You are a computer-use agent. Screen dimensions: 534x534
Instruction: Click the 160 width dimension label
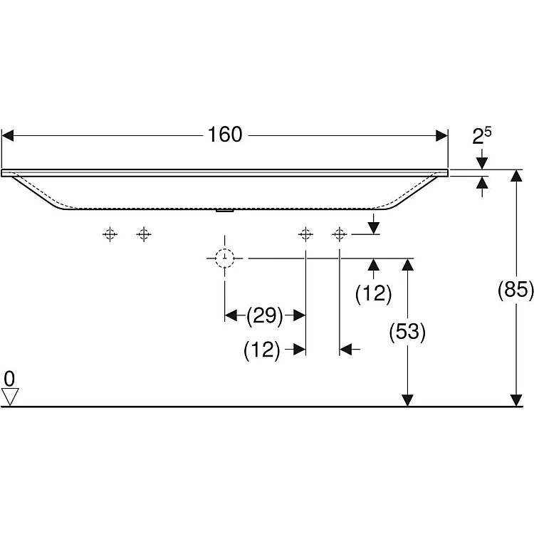(x=226, y=135)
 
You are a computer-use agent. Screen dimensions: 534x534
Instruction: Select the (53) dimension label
(x=407, y=332)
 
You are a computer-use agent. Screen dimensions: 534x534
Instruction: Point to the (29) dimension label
(x=265, y=315)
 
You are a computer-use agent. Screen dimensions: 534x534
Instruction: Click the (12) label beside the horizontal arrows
(x=261, y=350)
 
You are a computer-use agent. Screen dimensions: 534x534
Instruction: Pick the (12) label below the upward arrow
(x=373, y=293)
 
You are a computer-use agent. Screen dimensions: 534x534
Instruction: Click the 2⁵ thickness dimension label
(x=483, y=136)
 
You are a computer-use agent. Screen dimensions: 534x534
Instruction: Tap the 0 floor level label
(x=9, y=377)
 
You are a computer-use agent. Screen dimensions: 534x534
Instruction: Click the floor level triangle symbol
(x=9, y=396)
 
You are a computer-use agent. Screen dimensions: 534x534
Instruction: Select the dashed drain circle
(x=225, y=258)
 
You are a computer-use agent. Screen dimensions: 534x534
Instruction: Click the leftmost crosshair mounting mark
(x=110, y=234)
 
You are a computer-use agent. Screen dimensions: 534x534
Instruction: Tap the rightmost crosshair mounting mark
(x=340, y=234)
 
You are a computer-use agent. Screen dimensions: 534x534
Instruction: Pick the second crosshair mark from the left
(x=144, y=234)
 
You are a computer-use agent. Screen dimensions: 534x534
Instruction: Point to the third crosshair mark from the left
(x=305, y=234)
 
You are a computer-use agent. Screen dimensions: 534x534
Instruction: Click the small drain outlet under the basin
(x=224, y=210)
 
